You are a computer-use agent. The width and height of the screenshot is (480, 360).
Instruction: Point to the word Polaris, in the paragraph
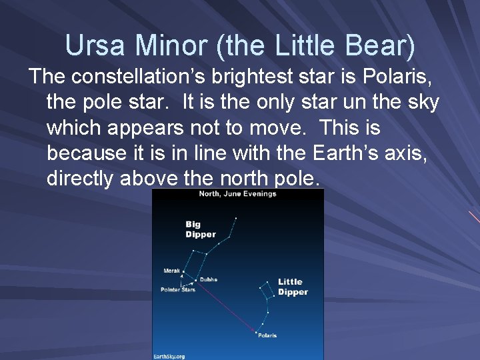tap(400, 77)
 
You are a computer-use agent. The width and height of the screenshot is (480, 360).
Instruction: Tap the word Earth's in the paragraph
tap(345, 153)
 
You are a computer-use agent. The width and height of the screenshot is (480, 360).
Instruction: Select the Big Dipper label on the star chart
tap(200, 229)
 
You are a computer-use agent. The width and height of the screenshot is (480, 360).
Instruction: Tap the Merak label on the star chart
tap(171, 271)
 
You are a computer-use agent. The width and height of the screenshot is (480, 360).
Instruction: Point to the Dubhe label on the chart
tap(209, 279)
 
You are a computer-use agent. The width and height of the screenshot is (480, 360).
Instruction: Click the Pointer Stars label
tap(178, 289)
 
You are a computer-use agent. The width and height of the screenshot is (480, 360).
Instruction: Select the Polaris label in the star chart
tap(267, 335)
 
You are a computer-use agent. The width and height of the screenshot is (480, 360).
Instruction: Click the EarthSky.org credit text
tap(169, 356)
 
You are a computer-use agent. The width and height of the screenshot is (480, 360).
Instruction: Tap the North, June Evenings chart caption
tap(237, 194)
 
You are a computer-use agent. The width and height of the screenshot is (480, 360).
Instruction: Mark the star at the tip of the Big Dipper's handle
tap(235, 217)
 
